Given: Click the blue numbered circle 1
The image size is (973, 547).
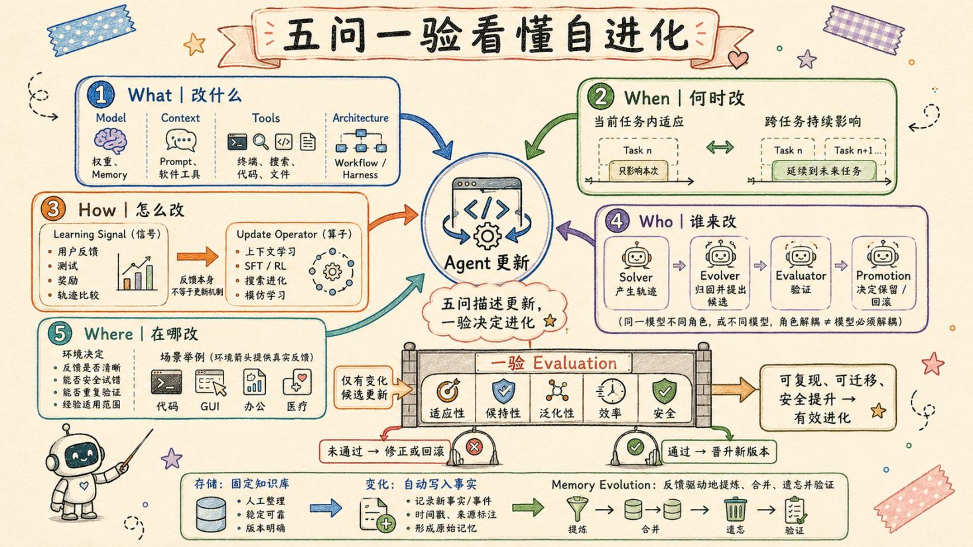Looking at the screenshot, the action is [x=101, y=95].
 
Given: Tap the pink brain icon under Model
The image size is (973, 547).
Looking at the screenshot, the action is [x=110, y=141].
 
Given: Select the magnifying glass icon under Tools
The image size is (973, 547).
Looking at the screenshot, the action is [x=260, y=141].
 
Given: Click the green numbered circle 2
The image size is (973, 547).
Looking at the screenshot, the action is [x=601, y=96].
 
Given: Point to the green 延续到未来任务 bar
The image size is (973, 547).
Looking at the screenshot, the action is [x=824, y=170].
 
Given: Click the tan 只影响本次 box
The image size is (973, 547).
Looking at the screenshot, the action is [x=638, y=170].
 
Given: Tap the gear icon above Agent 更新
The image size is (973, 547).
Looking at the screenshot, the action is [x=487, y=236].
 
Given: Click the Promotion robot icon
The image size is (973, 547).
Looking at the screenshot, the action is [x=882, y=255].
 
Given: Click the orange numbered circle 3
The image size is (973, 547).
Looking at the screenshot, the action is [x=53, y=209].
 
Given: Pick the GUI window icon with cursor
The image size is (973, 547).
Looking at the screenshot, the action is [x=211, y=383].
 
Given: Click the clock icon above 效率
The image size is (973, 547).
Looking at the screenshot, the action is [x=610, y=391].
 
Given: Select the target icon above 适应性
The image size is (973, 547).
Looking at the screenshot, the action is [x=448, y=391].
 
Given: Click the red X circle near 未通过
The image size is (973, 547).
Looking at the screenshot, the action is [x=474, y=446].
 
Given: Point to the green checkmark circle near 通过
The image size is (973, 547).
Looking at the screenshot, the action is [x=635, y=446].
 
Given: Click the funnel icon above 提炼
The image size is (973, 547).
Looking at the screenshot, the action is [x=577, y=509].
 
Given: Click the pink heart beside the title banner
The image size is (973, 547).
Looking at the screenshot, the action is [x=738, y=59].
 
